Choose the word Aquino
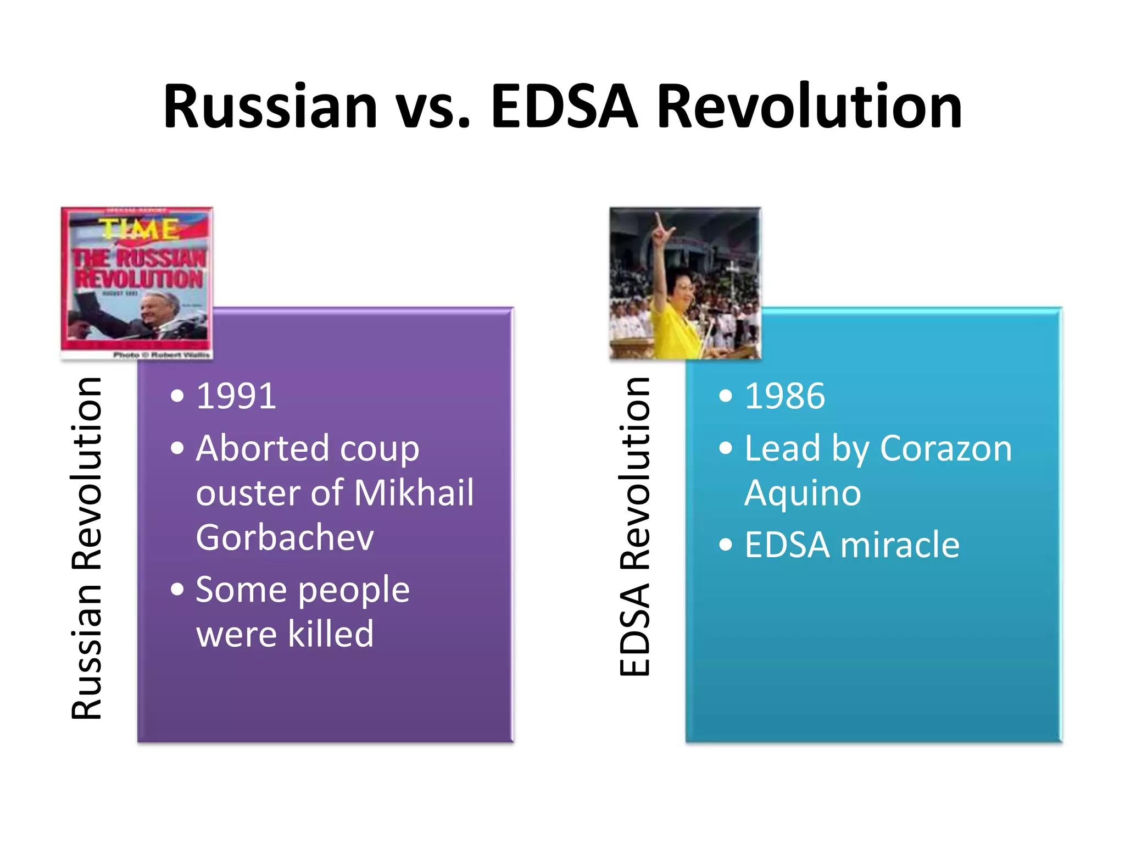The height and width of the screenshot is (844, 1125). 803,493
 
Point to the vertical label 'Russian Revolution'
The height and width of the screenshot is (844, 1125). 86,548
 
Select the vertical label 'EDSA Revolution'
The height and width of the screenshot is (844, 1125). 634,526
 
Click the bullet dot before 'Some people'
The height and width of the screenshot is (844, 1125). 177,589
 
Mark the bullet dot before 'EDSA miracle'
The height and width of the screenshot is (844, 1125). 726,545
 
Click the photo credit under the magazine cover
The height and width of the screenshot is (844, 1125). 161,355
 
